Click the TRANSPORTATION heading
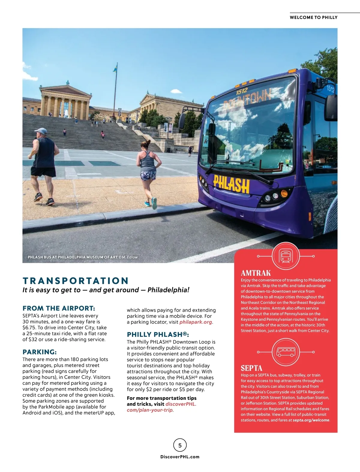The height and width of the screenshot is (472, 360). click(x=76, y=281)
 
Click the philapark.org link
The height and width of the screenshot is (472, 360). click(x=196, y=322)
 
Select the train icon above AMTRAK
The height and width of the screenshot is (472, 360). click(x=285, y=256)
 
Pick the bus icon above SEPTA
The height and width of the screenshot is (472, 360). click(x=285, y=352)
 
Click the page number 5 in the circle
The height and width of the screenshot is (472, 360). click(x=180, y=445)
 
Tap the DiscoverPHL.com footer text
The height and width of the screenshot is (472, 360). click(x=180, y=457)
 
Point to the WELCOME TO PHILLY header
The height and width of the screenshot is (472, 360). click(x=313, y=17)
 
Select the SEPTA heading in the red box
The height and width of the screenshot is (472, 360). click(x=251, y=368)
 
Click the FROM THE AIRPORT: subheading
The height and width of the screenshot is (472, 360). click(x=59, y=308)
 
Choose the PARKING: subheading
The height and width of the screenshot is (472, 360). click(x=40, y=352)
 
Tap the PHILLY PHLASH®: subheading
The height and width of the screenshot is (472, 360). click(x=158, y=334)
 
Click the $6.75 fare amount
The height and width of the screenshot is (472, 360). click(x=29, y=328)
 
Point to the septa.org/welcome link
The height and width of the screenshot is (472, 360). click(x=311, y=420)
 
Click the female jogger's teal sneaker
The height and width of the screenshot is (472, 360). click(x=154, y=203)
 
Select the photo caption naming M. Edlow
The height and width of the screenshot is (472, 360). click(x=82, y=257)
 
